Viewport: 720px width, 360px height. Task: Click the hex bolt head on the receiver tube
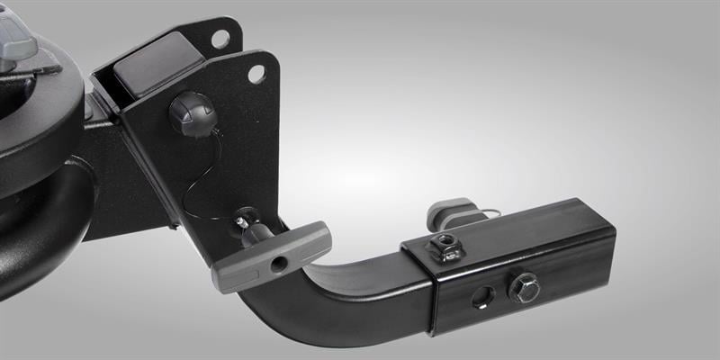click(523, 287)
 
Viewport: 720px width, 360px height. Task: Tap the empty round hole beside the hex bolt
click(483, 296)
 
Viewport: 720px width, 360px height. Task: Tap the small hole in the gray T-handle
click(279, 263)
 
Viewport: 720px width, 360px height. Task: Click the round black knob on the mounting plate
click(190, 115)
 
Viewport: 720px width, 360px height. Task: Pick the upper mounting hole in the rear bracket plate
click(220, 39)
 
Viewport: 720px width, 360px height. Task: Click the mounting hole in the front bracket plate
click(256, 74)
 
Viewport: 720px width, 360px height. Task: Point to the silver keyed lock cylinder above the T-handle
click(244, 219)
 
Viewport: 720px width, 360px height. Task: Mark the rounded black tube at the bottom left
click(45, 234)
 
